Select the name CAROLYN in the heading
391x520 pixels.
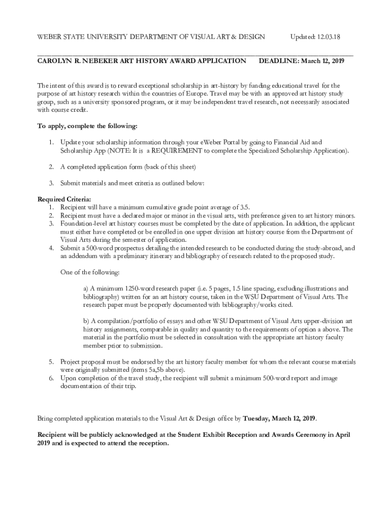click(x=56, y=61)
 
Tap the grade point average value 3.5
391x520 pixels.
click(x=244, y=207)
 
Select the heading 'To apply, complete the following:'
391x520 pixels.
click(x=87, y=126)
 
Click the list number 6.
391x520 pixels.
click(x=51, y=378)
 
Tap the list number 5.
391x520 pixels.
click(x=51, y=362)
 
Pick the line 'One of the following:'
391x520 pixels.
click(x=90, y=272)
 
